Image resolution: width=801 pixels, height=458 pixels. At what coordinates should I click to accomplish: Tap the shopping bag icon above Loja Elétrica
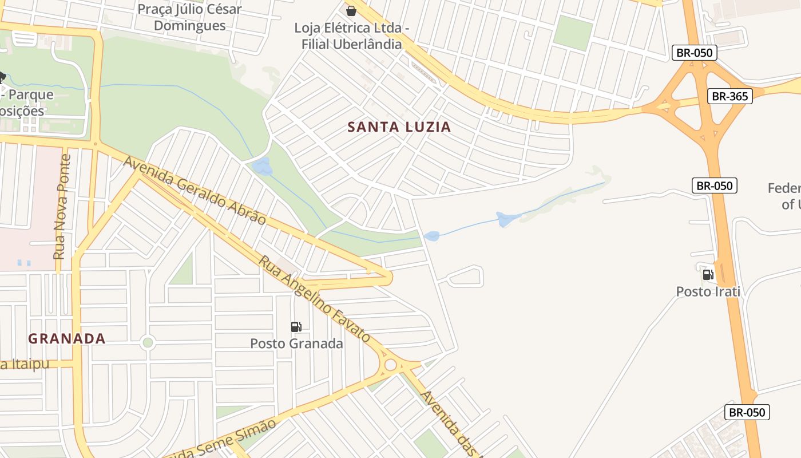[x=351, y=10]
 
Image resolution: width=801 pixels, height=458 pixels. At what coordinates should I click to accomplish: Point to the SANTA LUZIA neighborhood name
[x=399, y=127]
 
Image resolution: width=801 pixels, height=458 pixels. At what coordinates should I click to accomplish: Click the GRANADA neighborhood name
[x=67, y=338]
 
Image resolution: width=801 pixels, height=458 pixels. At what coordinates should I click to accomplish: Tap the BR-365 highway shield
[x=729, y=96]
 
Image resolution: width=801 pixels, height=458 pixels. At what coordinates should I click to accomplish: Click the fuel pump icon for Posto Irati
[x=708, y=275]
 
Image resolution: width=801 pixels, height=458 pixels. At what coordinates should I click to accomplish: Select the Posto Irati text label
[x=708, y=291]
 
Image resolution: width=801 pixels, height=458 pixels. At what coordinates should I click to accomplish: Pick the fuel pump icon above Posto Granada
[x=296, y=327]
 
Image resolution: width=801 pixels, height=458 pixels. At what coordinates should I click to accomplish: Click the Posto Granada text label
[x=296, y=343]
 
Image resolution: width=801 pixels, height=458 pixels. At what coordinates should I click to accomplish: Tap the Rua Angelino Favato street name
[x=314, y=298]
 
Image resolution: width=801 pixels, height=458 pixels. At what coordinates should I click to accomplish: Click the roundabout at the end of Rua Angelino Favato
[x=391, y=365]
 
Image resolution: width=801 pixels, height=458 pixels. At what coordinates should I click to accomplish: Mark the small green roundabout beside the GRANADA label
[x=148, y=342]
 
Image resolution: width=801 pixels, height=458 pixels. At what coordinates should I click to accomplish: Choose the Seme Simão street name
[x=237, y=439]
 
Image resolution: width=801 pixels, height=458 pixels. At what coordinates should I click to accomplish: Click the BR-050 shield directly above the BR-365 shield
[x=694, y=53]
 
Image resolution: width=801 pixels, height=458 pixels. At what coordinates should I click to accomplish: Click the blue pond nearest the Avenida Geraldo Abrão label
[x=263, y=167]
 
